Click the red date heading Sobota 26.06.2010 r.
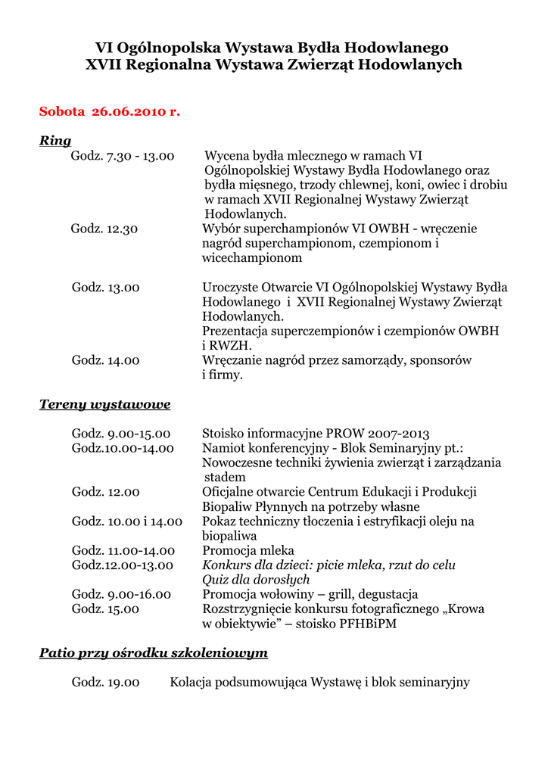pos(110,112)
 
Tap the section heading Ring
pos(55,141)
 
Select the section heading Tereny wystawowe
pos(104,405)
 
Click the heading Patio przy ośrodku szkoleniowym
pos(154,652)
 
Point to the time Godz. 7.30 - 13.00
pos(123,156)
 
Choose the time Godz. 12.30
pos(104,229)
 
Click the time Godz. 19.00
pos(106,683)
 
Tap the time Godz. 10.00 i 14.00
pos(127,521)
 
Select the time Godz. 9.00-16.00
pos(121,595)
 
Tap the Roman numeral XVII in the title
pos(103,65)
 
